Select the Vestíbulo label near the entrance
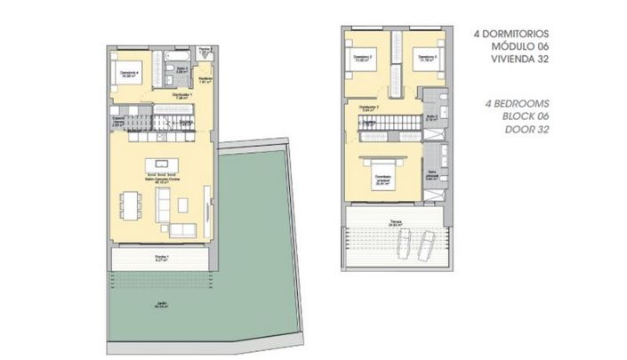click(x=204, y=78)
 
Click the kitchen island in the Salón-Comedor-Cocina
click(x=162, y=163)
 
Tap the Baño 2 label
click(x=432, y=116)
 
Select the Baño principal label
click(x=433, y=175)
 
